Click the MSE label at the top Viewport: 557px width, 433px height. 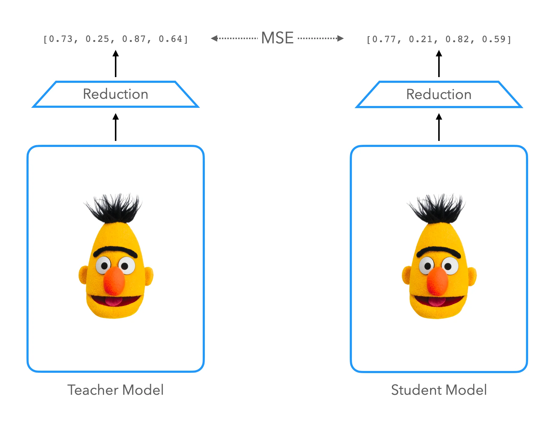[277, 38]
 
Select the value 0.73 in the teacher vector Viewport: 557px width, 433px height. [61, 39]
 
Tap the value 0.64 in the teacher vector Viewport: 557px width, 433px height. [171, 39]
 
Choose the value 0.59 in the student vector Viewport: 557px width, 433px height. [494, 39]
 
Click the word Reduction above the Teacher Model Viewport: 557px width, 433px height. [115, 94]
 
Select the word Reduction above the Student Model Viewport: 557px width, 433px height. [439, 94]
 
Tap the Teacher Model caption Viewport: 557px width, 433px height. [115, 390]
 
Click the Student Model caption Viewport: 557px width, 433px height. [439, 390]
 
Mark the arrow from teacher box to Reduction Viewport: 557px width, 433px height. [115, 127]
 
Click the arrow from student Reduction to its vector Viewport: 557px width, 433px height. [439, 64]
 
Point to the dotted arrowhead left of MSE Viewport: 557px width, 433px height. [214, 38]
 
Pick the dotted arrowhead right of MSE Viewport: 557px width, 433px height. [340, 38]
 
